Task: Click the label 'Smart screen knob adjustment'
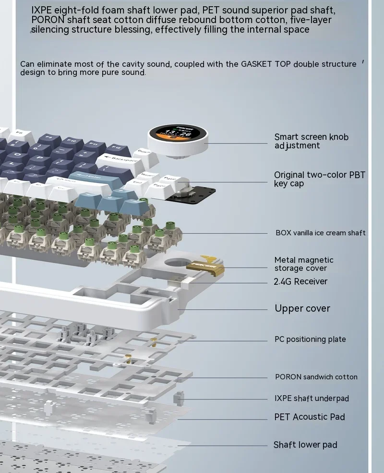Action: pyautogui.click(x=311, y=141)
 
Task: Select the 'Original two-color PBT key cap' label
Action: pyautogui.click(x=319, y=179)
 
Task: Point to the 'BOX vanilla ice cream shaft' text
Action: pyautogui.click(x=320, y=233)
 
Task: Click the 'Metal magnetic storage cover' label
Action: pyautogui.click(x=303, y=264)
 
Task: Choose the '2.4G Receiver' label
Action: pyautogui.click(x=300, y=281)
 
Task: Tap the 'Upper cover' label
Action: pyautogui.click(x=302, y=308)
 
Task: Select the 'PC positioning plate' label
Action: pyautogui.click(x=310, y=339)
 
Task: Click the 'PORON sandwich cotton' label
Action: pyautogui.click(x=316, y=377)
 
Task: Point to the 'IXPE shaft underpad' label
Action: pyautogui.click(x=312, y=398)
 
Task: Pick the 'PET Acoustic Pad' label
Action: pyautogui.click(x=310, y=417)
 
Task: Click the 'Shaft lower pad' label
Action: pyautogui.click(x=305, y=445)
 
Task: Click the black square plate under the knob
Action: pyautogui.click(x=194, y=192)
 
